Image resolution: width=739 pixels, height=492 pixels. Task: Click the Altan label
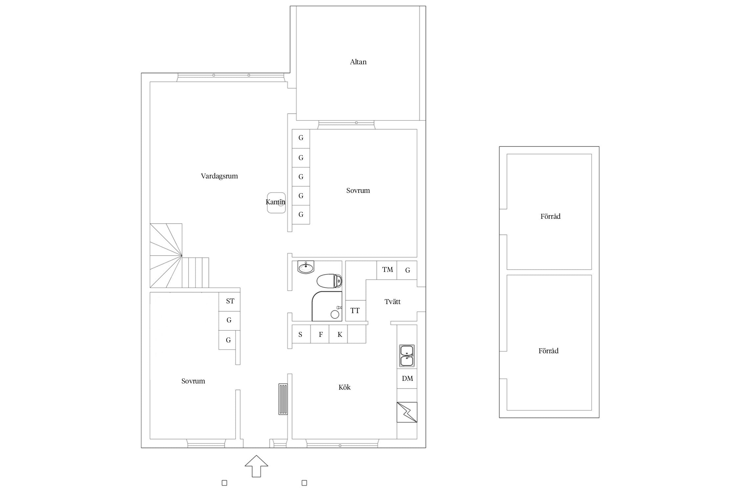tap(358, 62)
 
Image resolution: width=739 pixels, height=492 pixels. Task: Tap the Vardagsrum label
tap(219, 176)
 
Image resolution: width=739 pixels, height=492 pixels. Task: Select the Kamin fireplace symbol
tap(276, 203)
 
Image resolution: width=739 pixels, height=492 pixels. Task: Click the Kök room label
tap(345, 387)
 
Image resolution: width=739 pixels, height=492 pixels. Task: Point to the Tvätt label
tap(392, 301)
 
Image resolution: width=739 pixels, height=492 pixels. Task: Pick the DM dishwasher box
tap(407, 379)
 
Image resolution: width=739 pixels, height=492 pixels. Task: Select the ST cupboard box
tap(230, 301)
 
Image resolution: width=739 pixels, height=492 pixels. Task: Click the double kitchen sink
tap(407, 356)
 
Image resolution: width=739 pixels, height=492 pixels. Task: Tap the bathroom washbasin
tap(306, 267)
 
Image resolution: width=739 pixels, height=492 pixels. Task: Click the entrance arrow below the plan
tap(256, 466)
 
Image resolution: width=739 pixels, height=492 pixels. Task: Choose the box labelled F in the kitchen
tap(320, 334)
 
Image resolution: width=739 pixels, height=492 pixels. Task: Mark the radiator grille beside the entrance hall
tap(283, 399)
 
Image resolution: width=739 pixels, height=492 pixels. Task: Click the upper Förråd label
tap(550, 216)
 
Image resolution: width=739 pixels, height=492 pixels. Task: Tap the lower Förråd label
tap(549, 351)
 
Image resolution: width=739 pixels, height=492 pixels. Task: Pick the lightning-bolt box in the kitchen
tap(407, 412)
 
